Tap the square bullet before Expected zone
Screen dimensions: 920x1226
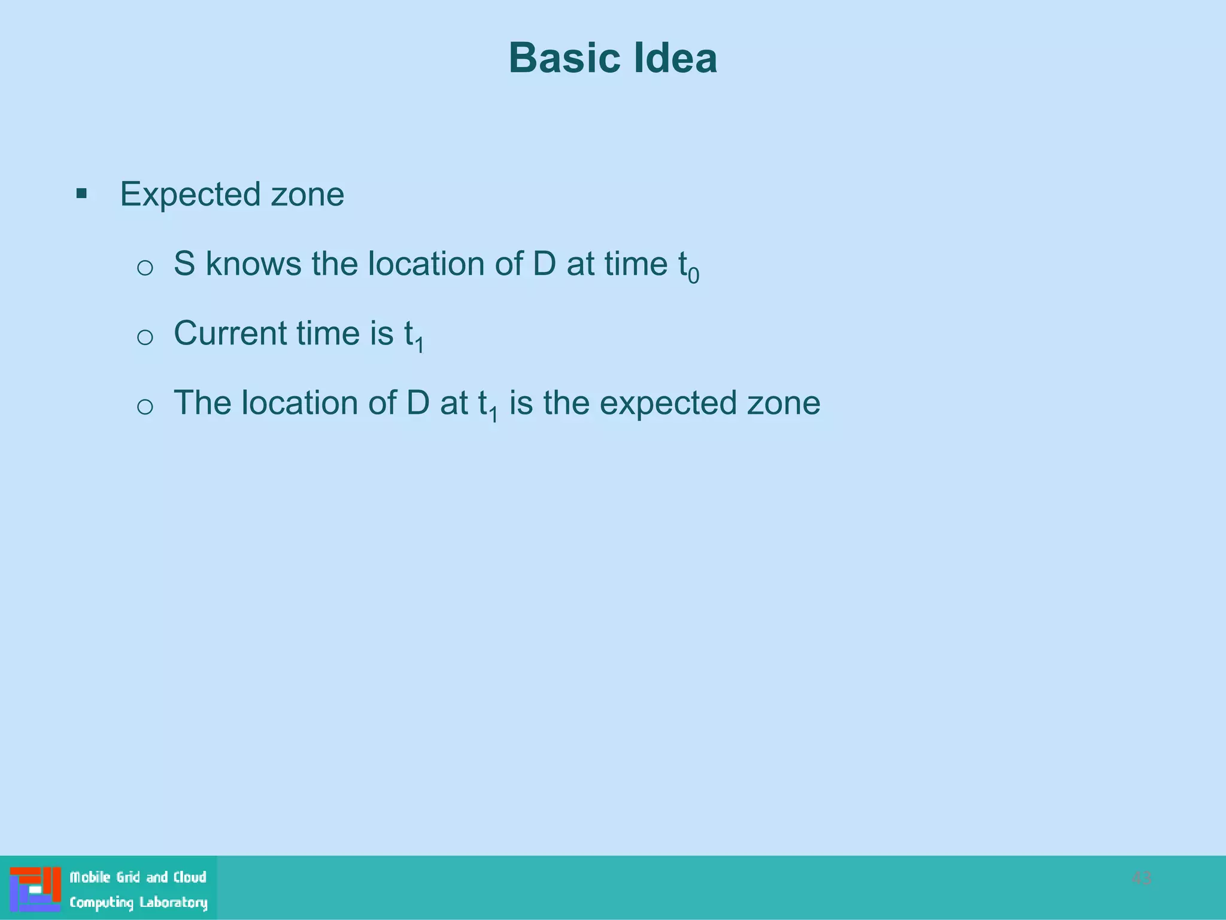pyautogui.click(x=81, y=193)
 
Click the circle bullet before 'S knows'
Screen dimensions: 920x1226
pyautogui.click(x=145, y=267)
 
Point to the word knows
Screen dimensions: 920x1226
pyautogui.click(x=253, y=264)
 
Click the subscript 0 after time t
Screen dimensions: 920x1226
pyautogui.click(x=693, y=276)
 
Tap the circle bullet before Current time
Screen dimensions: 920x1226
pyautogui.click(x=145, y=337)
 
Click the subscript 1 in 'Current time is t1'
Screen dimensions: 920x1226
pyautogui.click(x=420, y=345)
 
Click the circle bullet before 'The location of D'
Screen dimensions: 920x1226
pyautogui.click(x=145, y=407)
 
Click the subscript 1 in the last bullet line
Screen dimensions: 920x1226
pyautogui.click(x=493, y=414)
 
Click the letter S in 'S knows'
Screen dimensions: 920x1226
pyautogui.click(x=184, y=264)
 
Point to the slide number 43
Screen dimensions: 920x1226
pyautogui.click(x=1141, y=878)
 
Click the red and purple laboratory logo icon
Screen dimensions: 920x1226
pyautogui.click(x=35, y=889)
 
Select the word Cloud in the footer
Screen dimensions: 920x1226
pyautogui.click(x=190, y=877)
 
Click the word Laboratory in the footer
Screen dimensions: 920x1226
pyautogui.click(x=173, y=903)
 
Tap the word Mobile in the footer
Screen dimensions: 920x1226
pyautogui.click(x=90, y=877)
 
